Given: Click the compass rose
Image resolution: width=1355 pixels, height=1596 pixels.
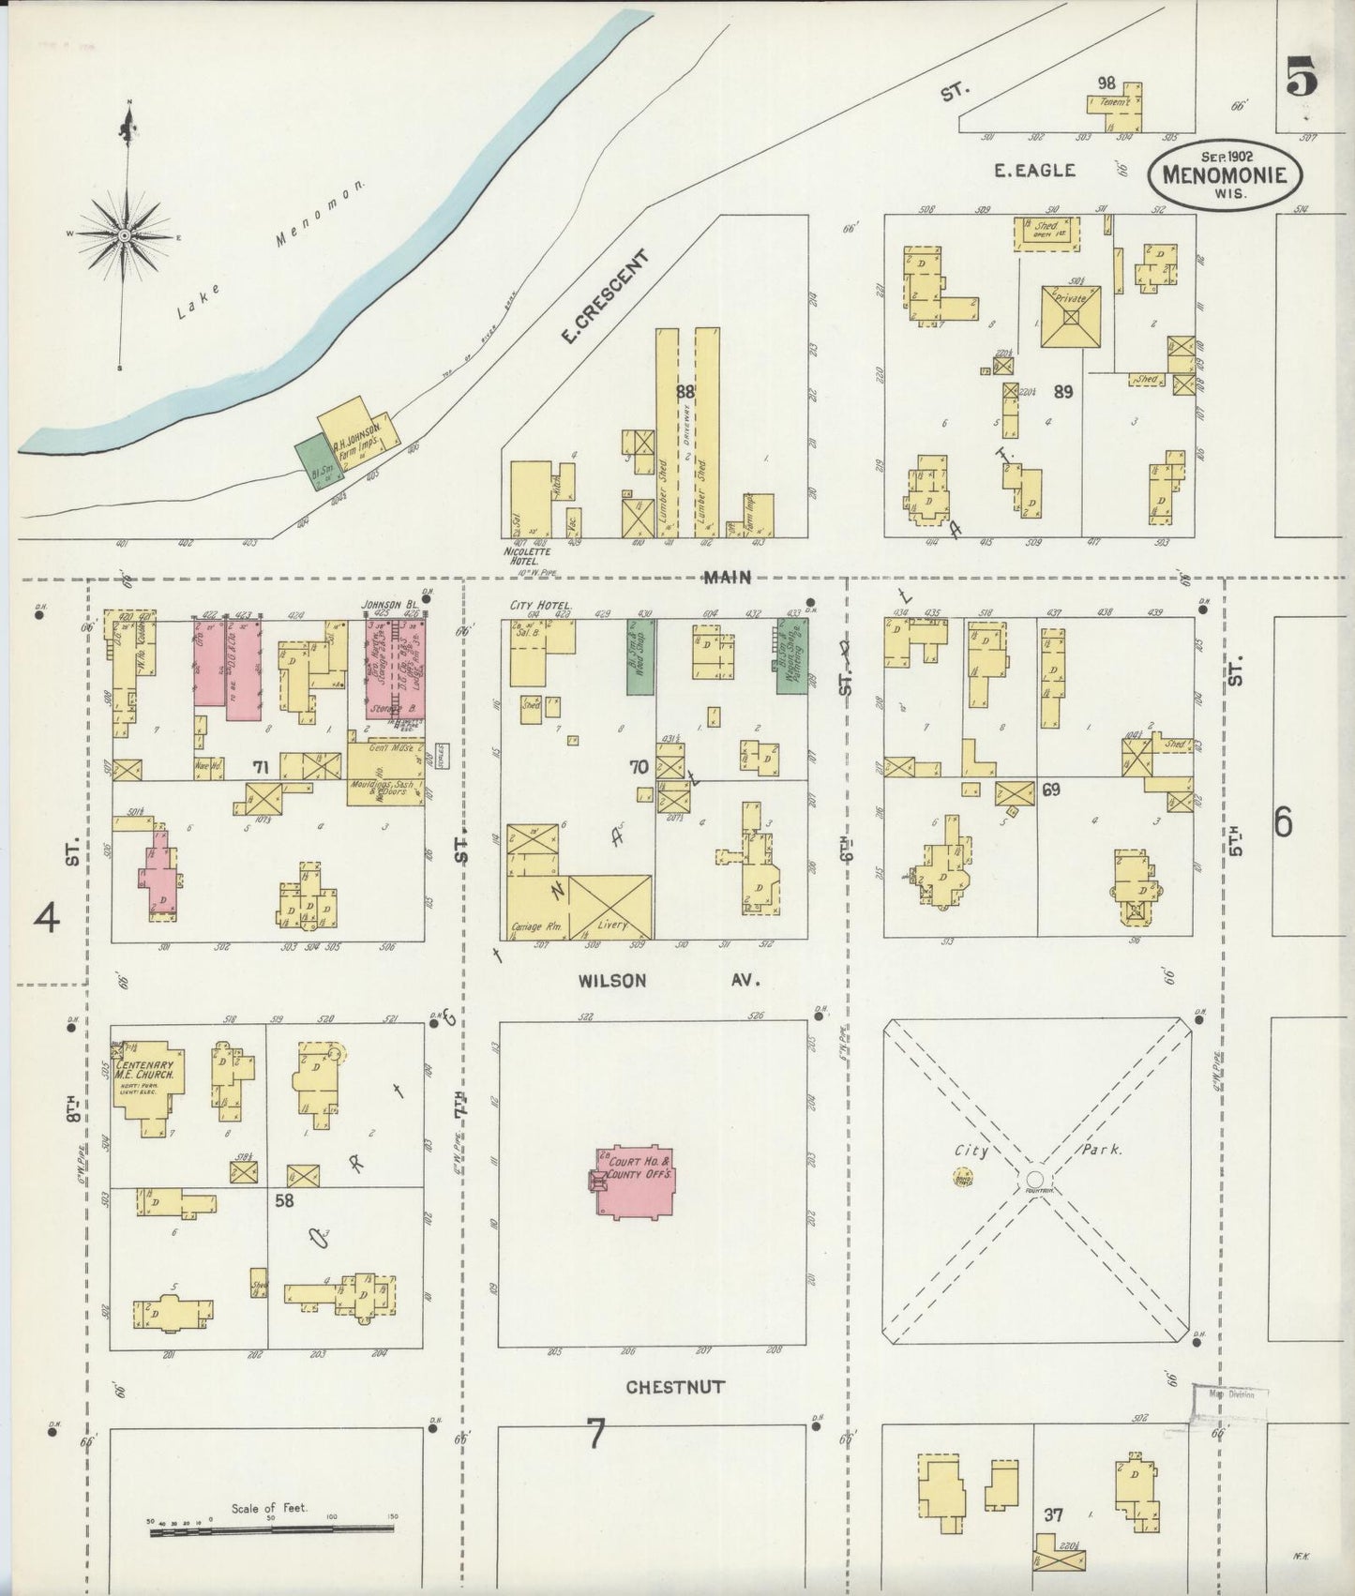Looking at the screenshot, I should [x=124, y=236].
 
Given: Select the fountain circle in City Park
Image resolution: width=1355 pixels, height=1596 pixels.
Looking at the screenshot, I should [x=1035, y=1178].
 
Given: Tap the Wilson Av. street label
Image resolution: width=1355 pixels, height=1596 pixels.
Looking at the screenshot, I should [x=666, y=981].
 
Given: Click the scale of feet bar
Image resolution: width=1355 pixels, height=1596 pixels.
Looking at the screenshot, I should [x=272, y=1533].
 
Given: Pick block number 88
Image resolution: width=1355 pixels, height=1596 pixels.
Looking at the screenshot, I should [x=685, y=391].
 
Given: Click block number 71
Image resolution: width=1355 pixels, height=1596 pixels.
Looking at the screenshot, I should [x=260, y=768].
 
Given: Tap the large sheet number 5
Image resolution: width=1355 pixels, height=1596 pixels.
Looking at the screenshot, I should [x=1301, y=77].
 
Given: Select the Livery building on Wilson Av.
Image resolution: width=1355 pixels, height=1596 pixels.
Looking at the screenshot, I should [x=610, y=906].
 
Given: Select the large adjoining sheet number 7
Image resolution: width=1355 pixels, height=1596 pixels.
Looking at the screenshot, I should [x=595, y=1435].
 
